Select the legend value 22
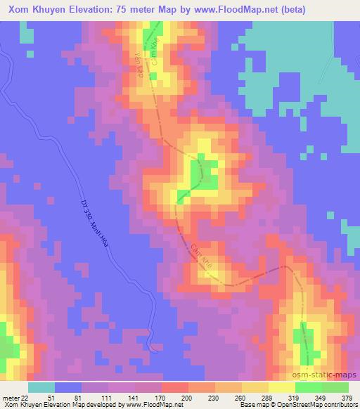(25, 398)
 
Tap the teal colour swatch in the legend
(41, 387)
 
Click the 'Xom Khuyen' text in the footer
(19, 405)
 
